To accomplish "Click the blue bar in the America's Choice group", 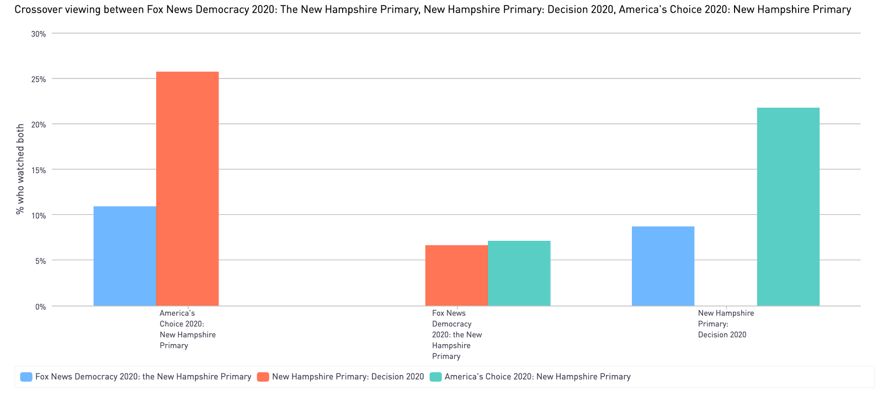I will click(125, 256).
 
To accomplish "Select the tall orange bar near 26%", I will click(188, 188).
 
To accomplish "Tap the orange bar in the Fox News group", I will click(456, 275).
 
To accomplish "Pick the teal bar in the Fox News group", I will click(519, 273).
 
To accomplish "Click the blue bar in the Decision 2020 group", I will click(663, 266).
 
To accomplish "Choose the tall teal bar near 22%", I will click(788, 206).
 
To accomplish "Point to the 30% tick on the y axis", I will click(38, 34).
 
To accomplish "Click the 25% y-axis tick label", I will click(38, 80).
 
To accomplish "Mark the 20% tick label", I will click(38, 125).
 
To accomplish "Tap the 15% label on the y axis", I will click(38, 170).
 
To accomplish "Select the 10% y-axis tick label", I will click(38, 215).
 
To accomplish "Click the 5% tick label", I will click(40, 261).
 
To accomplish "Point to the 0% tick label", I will click(40, 307).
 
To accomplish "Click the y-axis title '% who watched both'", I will click(20, 169).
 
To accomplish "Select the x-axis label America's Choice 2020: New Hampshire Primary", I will click(187, 329).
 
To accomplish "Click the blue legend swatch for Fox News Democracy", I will click(26, 377).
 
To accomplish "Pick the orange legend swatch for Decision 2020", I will click(263, 377).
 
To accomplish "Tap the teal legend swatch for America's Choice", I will click(435, 377).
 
